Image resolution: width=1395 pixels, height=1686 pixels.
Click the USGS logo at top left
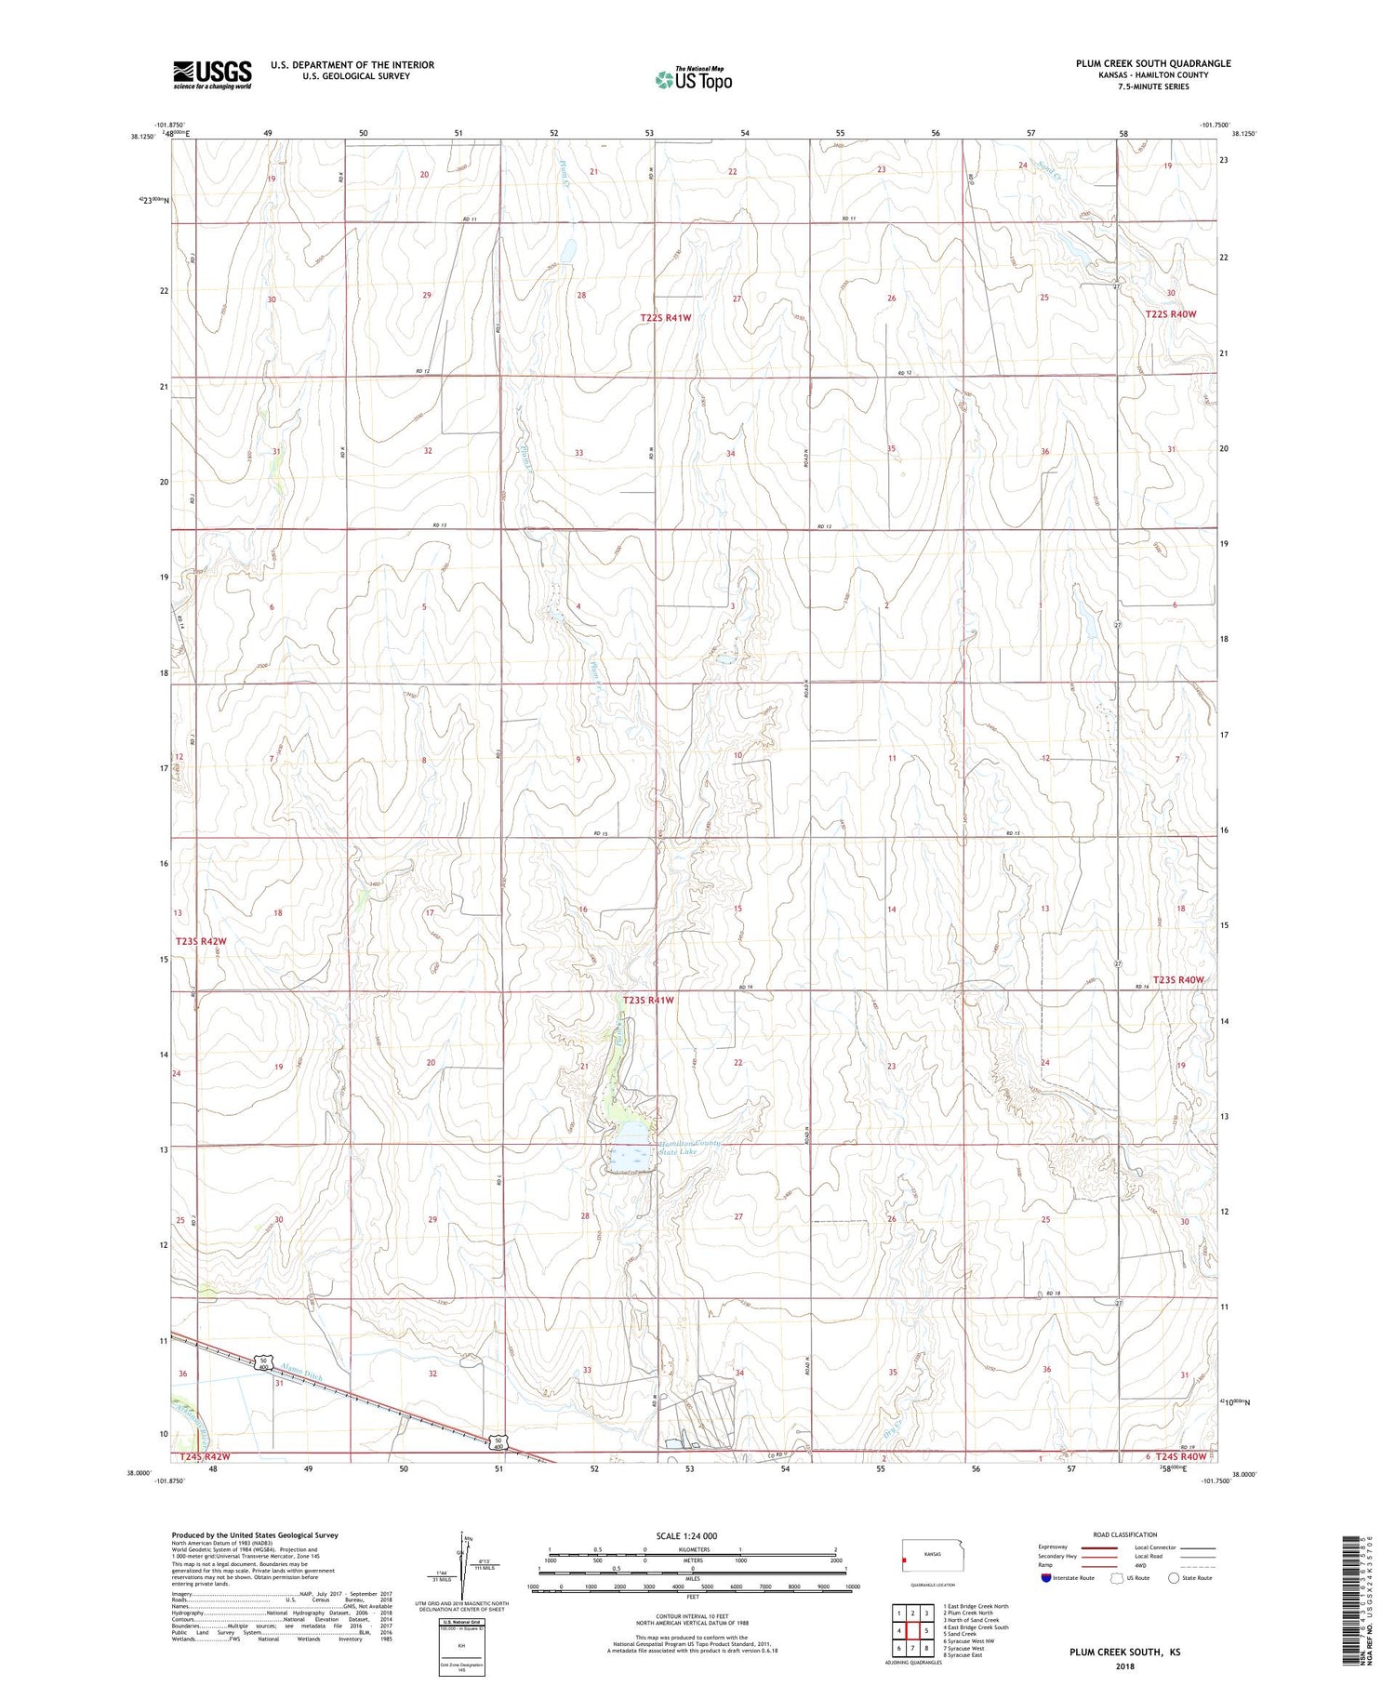(x=212, y=74)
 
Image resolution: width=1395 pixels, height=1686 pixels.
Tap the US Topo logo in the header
(x=693, y=79)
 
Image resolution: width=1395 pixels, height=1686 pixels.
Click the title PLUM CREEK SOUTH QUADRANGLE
(x=1152, y=63)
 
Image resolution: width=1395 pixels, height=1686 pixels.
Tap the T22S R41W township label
(x=666, y=318)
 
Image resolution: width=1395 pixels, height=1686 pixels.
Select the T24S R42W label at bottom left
(x=204, y=1456)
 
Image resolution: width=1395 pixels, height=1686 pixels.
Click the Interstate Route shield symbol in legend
(x=1045, y=1578)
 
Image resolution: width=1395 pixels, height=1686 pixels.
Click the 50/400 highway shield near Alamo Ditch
(x=263, y=1364)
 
